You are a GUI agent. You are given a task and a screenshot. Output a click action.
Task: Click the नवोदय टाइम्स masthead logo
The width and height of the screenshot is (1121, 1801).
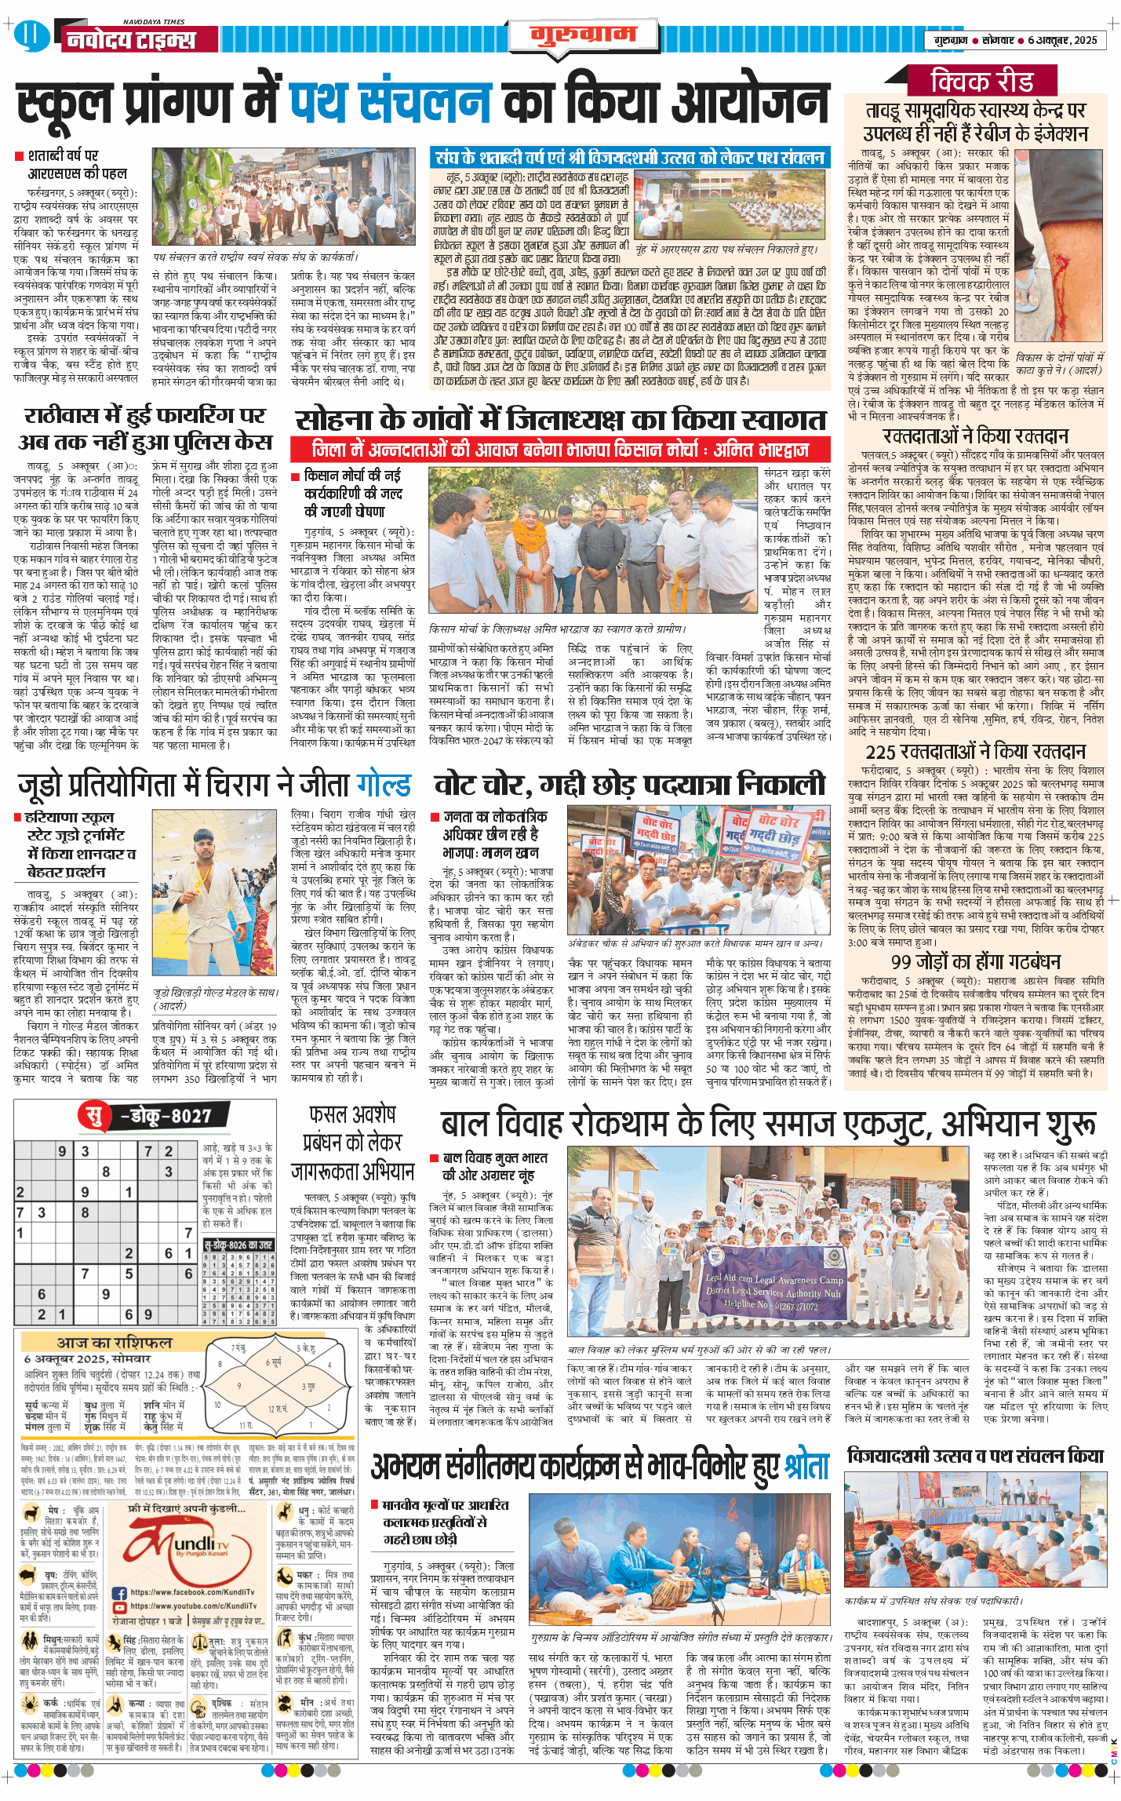point(130,39)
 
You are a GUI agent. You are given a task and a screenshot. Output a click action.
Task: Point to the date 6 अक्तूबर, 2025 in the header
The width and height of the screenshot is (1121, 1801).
point(1062,40)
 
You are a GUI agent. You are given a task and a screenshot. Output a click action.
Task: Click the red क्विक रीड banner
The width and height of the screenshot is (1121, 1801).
point(981,81)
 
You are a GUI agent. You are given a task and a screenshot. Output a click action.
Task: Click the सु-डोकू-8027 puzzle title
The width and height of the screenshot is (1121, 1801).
point(149,1115)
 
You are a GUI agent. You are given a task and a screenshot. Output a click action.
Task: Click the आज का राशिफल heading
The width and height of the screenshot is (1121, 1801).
point(114,1342)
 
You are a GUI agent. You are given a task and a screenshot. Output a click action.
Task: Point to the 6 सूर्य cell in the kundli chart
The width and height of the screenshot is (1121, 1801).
point(272,1362)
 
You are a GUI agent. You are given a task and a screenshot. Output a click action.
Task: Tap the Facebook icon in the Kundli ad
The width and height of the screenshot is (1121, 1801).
point(119,1593)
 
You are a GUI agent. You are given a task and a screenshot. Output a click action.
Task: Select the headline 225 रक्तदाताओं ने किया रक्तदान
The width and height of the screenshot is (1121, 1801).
point(975,751)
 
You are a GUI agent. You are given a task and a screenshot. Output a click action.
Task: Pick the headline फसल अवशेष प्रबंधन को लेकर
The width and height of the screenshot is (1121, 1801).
point(352,1143)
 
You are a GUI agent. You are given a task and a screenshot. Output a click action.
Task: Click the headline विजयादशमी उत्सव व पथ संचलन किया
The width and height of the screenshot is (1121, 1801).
point(975,1456)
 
